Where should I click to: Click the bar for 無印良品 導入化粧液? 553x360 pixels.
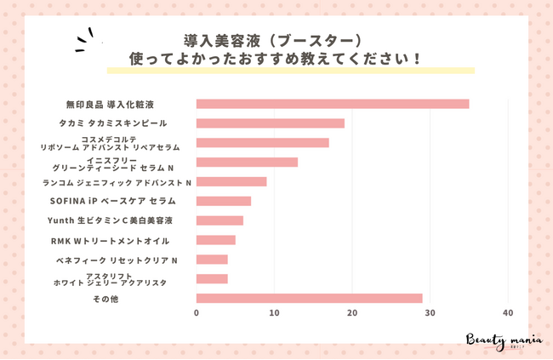click(332, 104)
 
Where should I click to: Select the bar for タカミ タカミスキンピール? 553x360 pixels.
click(270, 123)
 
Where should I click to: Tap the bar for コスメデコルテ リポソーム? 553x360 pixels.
click(262, 143)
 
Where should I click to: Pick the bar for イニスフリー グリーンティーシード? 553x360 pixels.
click(247, 162)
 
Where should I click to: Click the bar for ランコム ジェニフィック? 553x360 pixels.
click(231, 181)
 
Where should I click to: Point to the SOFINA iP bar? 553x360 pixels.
click(223, 201)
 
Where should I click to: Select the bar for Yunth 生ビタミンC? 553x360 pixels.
click(219, 220)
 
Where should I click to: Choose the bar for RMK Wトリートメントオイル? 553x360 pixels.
click(215, 240)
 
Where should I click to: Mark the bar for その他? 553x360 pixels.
click(309, 298)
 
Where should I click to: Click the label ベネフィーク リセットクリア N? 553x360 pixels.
click(128, 260)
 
